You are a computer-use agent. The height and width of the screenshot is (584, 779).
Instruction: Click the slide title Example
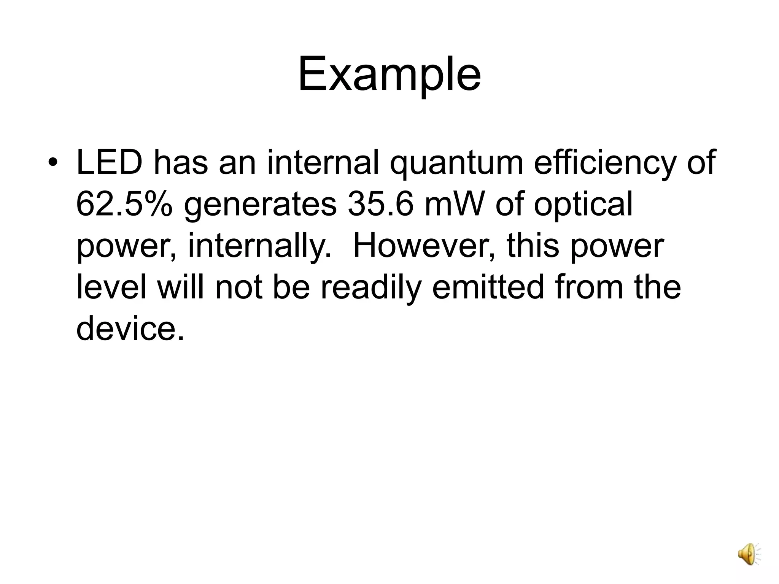click(x=389, y=74)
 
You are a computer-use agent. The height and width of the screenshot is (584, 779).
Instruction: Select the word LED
click(x=109, y=163)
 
